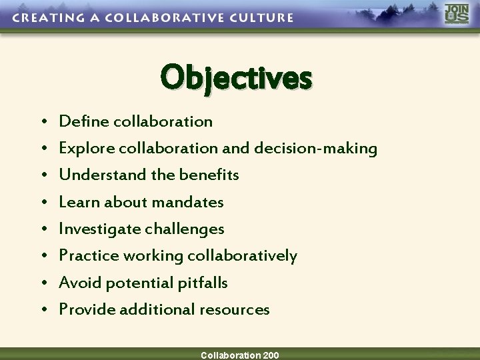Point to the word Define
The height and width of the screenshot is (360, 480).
85,121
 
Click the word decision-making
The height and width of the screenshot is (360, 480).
315,149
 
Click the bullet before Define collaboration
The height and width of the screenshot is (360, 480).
43,122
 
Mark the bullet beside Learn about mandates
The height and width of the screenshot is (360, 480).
43,203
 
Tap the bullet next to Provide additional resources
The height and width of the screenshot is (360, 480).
43,310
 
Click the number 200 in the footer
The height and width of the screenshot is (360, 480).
271,355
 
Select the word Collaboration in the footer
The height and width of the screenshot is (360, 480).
230,355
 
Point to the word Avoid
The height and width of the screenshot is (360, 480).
77,283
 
